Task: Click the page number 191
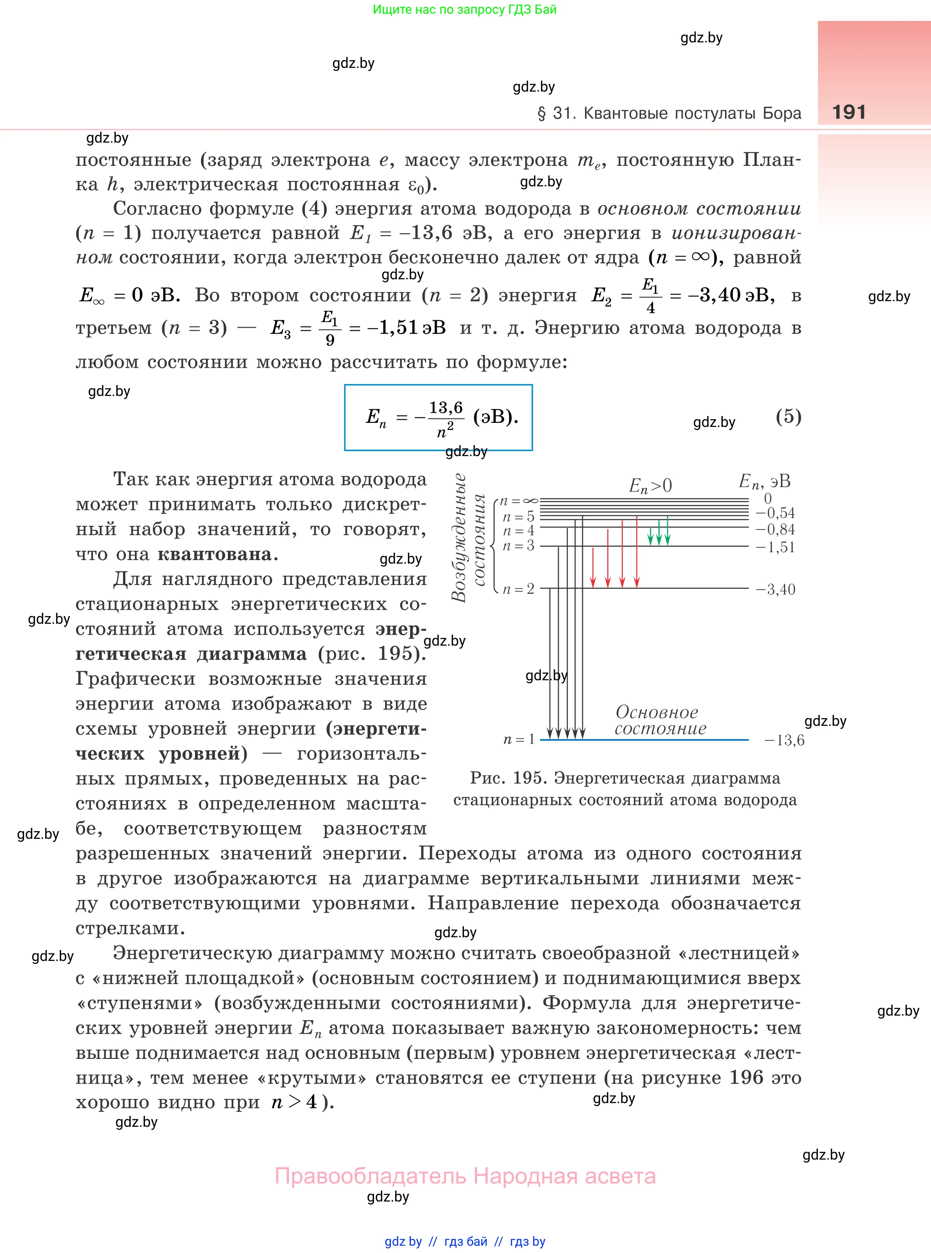(x=848, y=112)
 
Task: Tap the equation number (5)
(x=788, y=416)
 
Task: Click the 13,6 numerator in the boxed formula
(x=446, y=407)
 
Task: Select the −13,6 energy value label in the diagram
(x=784, y=740)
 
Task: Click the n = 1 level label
(x=519, y=739)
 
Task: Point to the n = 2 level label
(x=519, y=589)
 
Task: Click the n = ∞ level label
(x=519, y=501)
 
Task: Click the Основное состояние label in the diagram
(x=659, y=720)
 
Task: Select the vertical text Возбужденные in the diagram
(x=460, y=539)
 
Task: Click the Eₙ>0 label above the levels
(x=650, y=486)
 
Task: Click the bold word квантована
(x=215, y=555)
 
